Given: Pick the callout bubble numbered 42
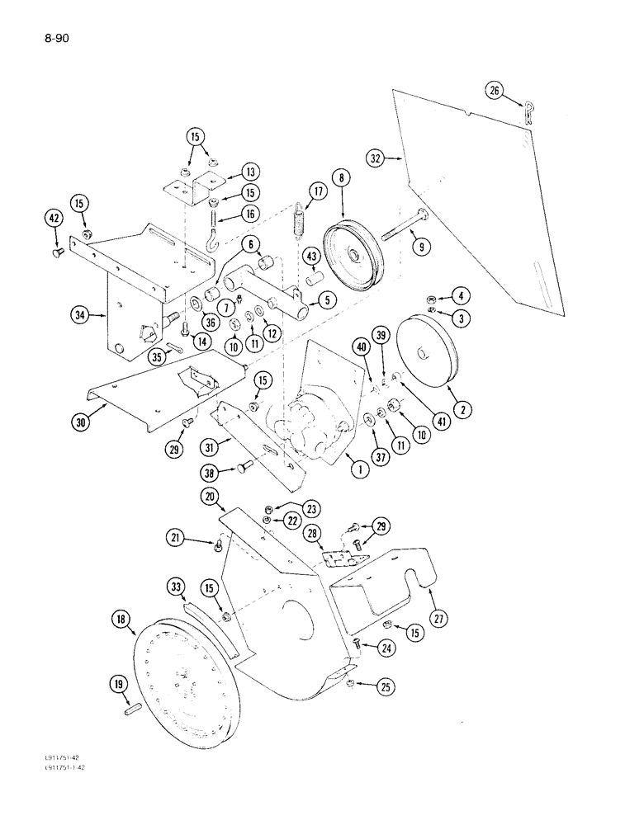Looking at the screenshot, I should (54, 219).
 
